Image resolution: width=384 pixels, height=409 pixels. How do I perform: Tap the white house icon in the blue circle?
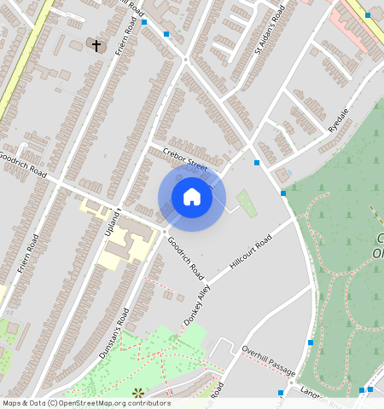point(192,197)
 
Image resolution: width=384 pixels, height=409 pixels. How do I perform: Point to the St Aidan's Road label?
point(270,35)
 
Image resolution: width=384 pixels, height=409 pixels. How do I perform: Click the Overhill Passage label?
point(268,360)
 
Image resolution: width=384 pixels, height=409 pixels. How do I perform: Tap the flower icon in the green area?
point(138,393)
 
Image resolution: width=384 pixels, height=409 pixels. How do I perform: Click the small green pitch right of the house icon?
point(246,204)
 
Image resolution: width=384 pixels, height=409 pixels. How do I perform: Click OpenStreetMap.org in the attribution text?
point(102,403)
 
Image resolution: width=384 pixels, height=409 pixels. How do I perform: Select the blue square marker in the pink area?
point(368,15)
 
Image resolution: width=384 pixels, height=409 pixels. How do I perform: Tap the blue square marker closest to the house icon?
point(257,163)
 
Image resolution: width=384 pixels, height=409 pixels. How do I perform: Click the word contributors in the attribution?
point(151,403)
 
